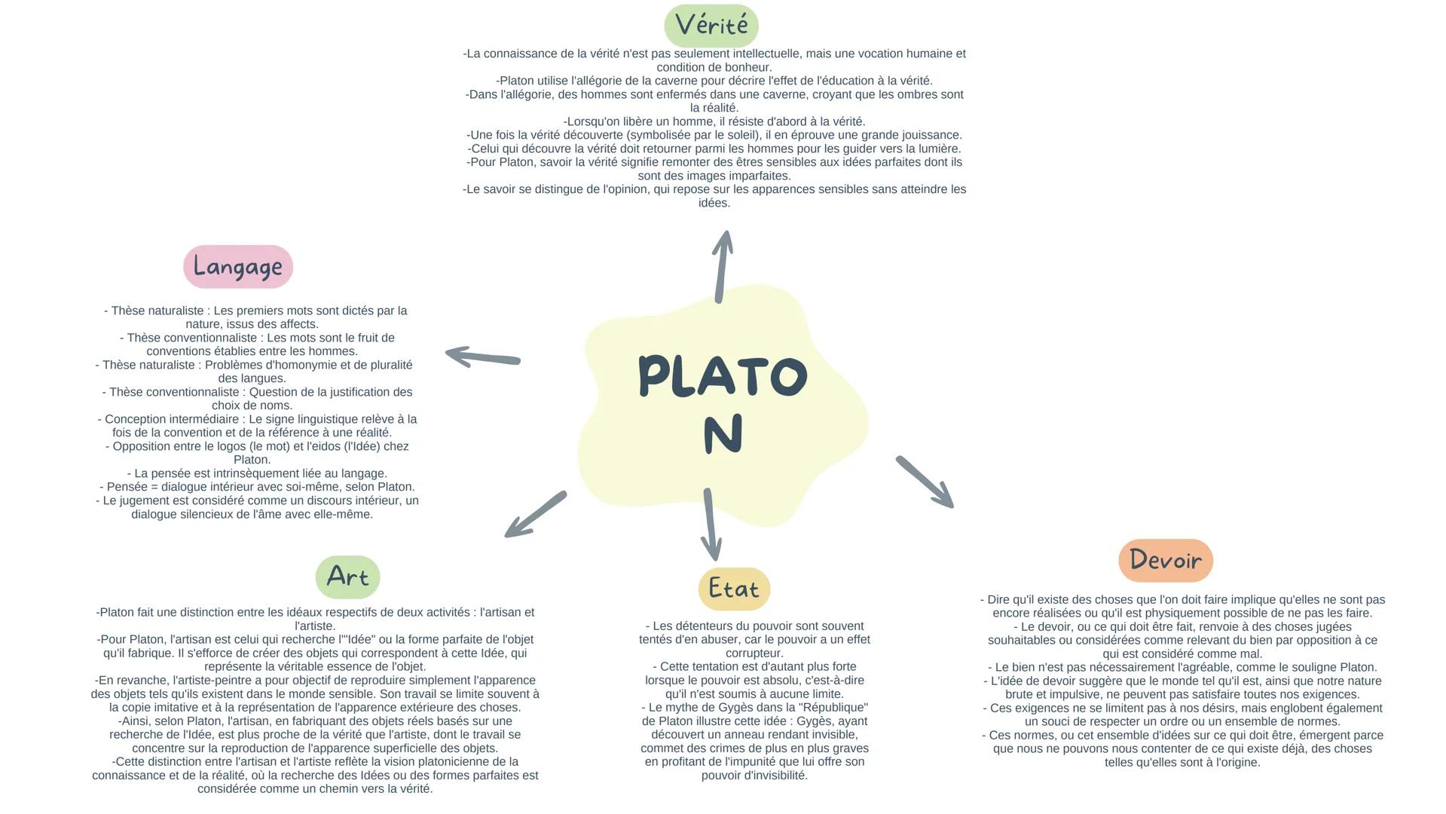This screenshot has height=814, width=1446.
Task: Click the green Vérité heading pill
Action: click(711, 26)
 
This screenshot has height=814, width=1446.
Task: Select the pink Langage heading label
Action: click(238, 266)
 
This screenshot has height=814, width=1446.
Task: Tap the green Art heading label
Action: click(347, 577)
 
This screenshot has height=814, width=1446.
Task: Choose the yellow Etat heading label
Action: click(734, 589)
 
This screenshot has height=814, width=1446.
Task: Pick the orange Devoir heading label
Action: click(1166, 560)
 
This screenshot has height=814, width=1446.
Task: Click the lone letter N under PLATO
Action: click(723, 434)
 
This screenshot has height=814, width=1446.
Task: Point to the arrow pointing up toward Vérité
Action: click(722, 266)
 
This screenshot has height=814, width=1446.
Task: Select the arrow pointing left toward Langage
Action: click(482, 357)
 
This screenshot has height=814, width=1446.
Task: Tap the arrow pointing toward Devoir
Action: click(925, 482)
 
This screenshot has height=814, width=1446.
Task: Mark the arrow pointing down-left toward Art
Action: click(536, 514)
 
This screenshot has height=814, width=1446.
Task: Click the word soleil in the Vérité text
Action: click(729, 135)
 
